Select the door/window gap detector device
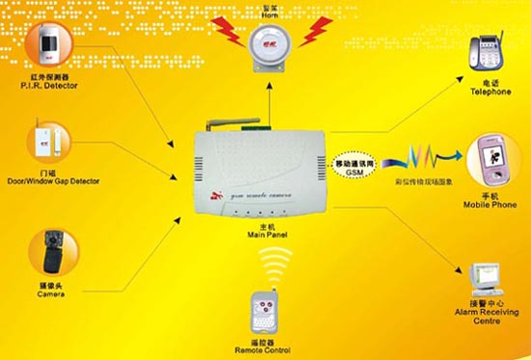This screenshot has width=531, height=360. point(44,141)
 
